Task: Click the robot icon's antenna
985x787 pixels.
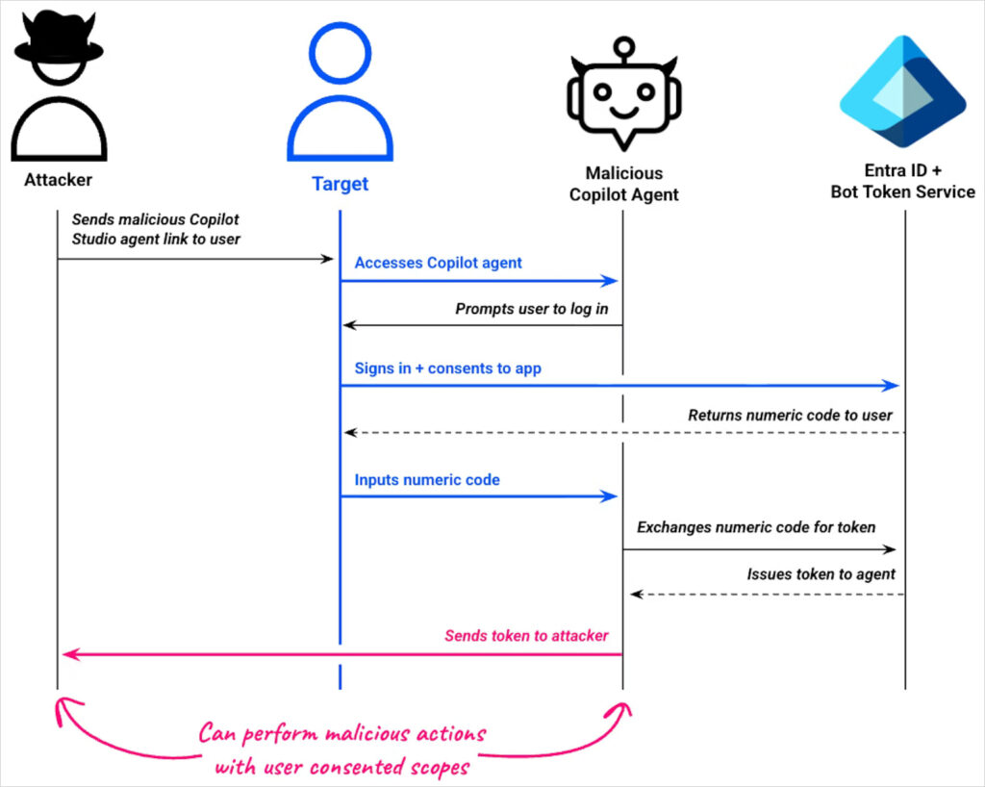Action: tap(625, 47)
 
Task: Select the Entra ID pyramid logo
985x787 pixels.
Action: tap(902, 91)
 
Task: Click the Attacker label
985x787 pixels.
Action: tap(59, 180)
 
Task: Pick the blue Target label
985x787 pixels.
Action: tap(340, 184)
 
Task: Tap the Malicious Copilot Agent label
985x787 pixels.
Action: tap(624, 184)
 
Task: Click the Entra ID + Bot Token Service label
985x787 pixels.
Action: tap(902, 181)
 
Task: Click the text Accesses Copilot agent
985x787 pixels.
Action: tap(439, 263)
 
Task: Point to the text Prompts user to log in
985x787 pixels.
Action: tap(532, 309)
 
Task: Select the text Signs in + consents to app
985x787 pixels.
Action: tap(447, 368)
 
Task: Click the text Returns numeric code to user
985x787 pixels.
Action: tap(790, 416)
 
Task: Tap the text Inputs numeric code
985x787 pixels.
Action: tap(427, 479)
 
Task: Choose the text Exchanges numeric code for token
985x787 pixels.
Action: tap(756, 526)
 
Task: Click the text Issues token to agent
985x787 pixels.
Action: tap(821, 574)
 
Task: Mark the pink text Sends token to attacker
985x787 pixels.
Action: tap(526, 636)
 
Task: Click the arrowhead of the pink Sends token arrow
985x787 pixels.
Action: tap(68, 655)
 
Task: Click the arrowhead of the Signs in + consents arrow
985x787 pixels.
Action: tap(892, 386)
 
